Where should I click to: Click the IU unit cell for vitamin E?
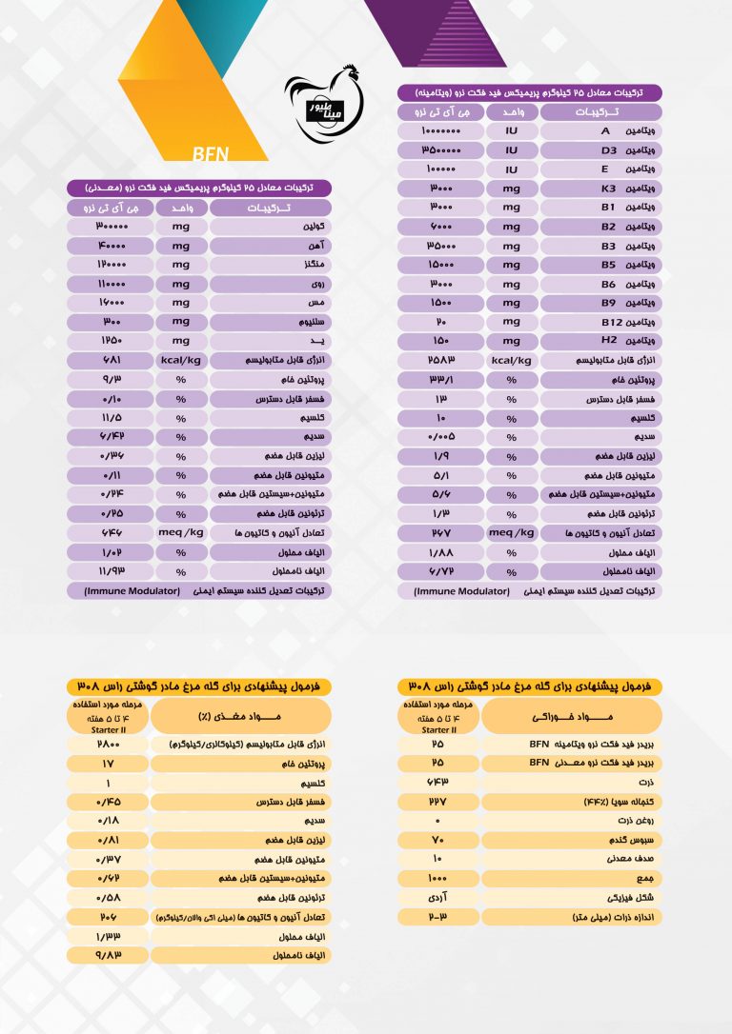click(511, 169)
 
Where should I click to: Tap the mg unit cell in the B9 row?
click(511, 302)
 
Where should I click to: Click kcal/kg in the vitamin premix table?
click(511, 360)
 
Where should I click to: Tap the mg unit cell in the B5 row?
click(511, 264)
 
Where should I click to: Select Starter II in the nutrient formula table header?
click(108, 728)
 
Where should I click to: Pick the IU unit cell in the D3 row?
click(511, 149)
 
